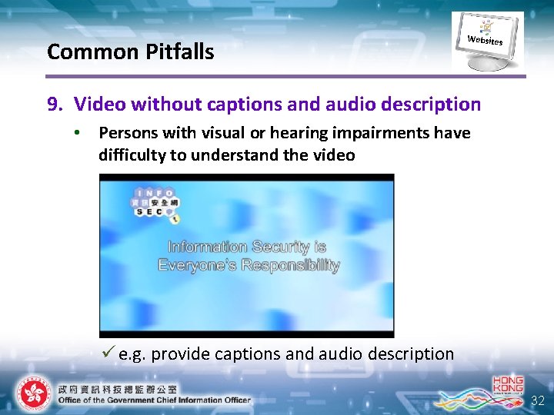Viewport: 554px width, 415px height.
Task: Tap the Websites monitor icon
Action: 487,40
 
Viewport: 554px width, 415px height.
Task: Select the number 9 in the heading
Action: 52,104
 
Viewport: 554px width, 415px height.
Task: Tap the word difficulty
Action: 132,155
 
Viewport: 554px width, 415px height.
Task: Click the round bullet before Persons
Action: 77,133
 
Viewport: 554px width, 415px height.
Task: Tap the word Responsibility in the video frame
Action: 291,265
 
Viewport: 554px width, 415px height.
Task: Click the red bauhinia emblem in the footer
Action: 32,394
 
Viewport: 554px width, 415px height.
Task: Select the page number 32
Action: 538,400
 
